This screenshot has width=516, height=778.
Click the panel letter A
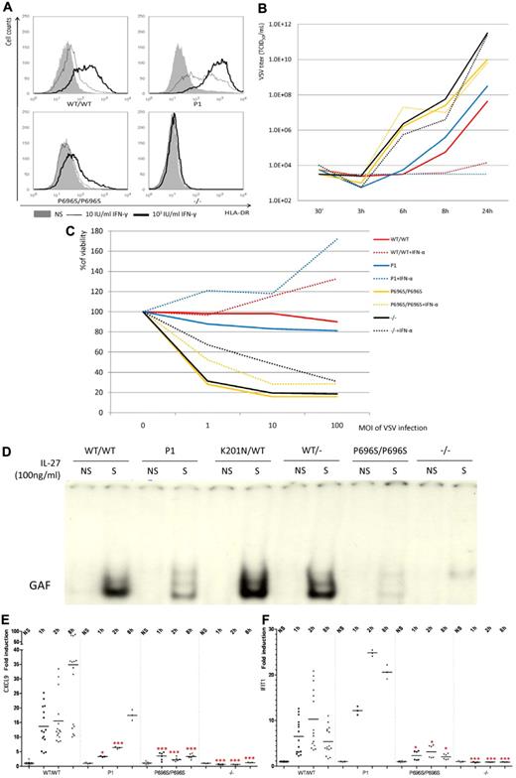8,8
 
